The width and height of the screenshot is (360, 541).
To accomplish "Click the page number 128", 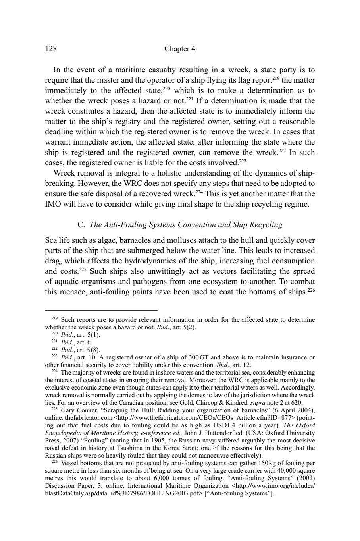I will click(x=51, y=49).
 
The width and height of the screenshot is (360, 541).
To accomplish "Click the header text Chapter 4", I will click(x=179, y=49).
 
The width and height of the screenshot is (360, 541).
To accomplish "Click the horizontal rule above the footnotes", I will click(x=101, y=310).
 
